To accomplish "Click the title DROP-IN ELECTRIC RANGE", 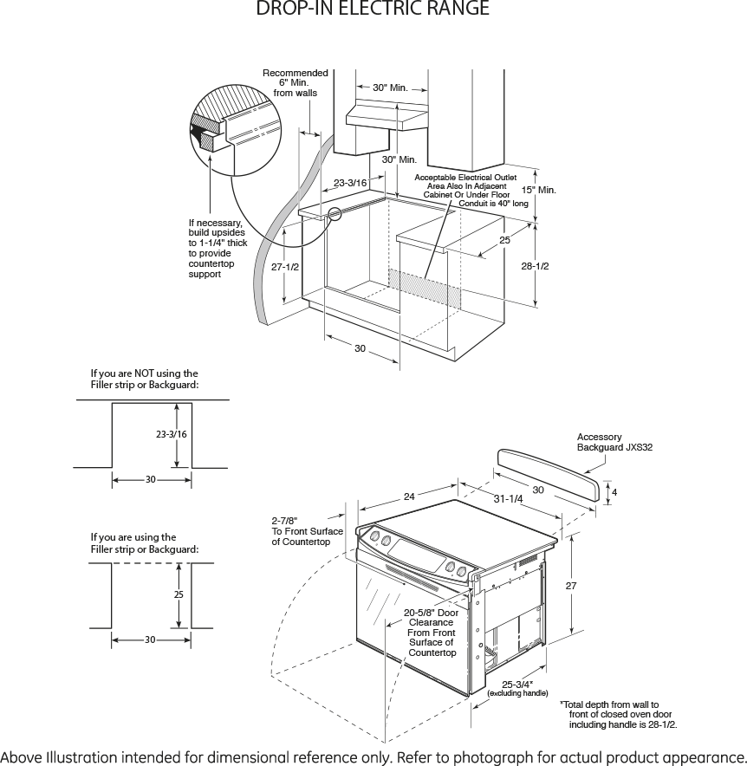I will click(373, 10).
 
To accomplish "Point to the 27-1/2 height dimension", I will click(284, 267).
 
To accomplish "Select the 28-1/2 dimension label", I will click(536, 266).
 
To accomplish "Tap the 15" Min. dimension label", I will click(538, 190).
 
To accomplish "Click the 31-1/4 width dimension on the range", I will click(509, 499).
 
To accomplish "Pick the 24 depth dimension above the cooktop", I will click(409, 497).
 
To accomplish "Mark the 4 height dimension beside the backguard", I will click(614, 491).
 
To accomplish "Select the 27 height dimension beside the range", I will click(571, 587).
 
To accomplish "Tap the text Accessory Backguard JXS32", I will click(614, 442).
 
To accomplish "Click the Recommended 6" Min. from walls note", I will click(296, 83).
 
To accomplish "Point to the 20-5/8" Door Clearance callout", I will click(432, 633).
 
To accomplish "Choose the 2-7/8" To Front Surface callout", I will click(307, 531).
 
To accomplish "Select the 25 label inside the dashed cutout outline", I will click(179, 595).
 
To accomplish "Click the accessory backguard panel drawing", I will click(547, 472).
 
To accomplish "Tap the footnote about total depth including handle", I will click(619, 714).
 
